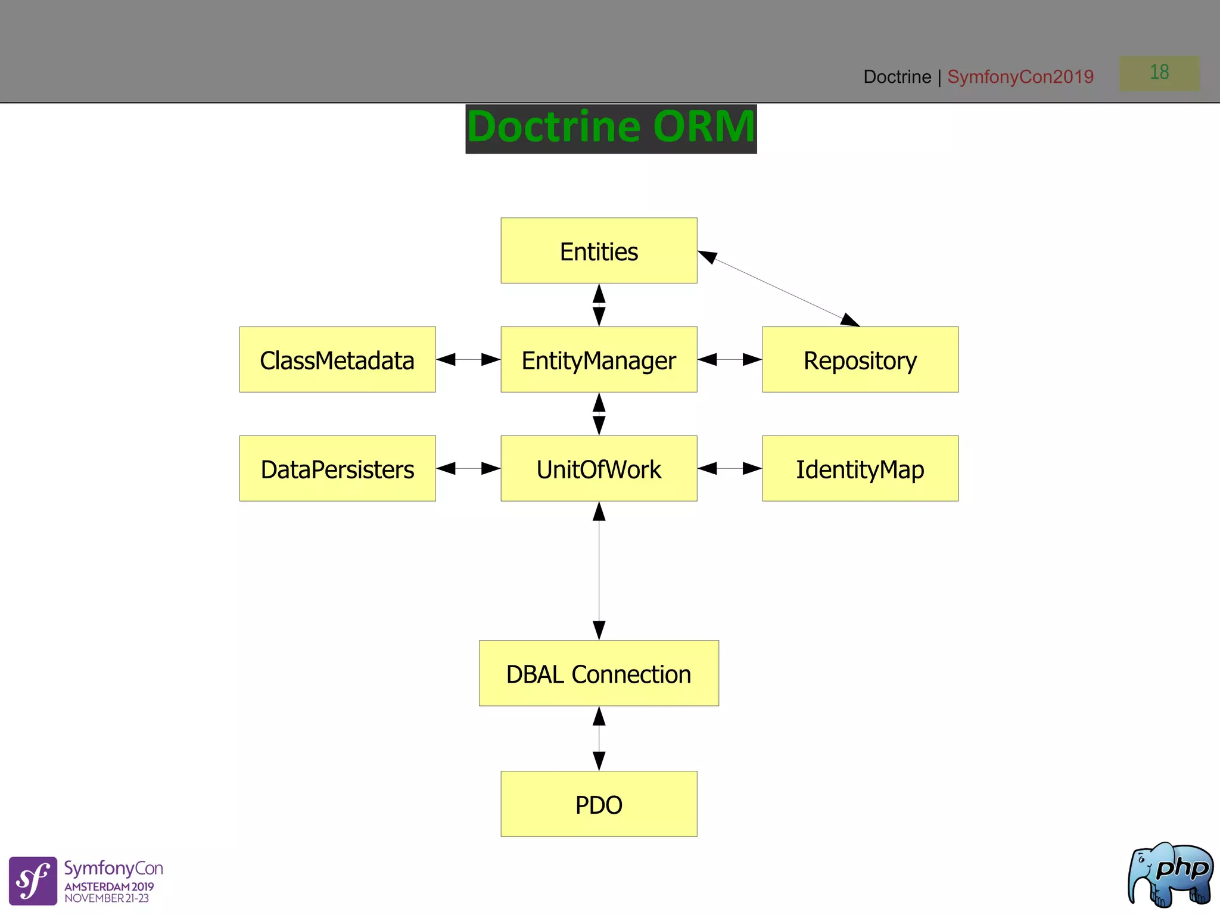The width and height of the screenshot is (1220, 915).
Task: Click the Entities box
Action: (599, 251)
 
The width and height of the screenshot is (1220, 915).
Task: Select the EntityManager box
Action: (599, 360)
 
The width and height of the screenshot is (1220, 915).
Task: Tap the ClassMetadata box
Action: (337, 360)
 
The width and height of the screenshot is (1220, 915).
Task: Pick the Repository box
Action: (860, 360)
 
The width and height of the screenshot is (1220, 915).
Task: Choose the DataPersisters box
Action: (337, 469)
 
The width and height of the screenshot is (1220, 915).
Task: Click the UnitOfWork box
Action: (599, 469)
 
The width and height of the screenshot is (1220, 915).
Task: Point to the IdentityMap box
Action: (860, 469)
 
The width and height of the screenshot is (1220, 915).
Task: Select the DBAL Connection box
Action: (599, 674)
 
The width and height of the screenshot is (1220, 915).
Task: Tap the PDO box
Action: (599, 804)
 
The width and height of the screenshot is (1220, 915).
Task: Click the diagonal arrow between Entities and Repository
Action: (779, 289)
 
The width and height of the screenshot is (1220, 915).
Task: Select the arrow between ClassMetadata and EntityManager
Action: (468, 360)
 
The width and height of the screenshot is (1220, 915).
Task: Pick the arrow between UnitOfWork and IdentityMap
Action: (730, 469)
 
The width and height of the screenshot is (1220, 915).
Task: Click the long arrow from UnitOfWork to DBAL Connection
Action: (599, 571)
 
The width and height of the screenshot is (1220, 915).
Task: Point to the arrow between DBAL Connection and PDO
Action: (599, 739)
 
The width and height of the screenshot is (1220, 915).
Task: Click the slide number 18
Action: (1159, 73)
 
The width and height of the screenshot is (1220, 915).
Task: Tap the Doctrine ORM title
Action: (611, 128)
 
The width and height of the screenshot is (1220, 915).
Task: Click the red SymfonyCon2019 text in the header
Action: (1020, 77)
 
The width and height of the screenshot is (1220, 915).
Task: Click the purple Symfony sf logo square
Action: (33, 881)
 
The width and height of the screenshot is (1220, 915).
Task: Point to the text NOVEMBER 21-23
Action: (107, 898)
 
